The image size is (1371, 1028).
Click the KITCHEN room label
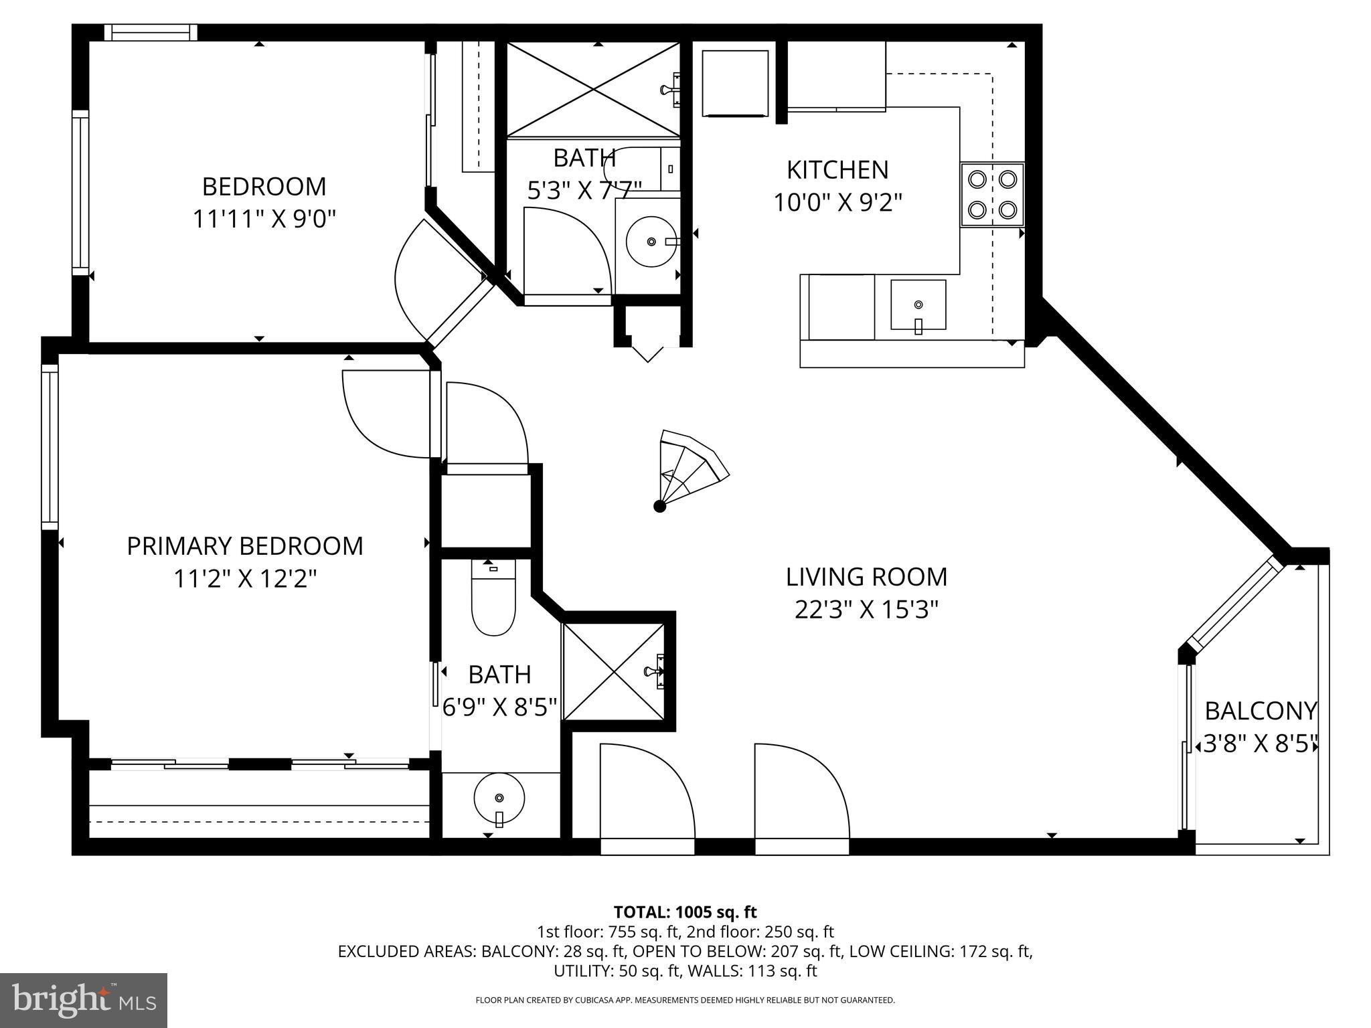pyautogui.click(x=837, y=170)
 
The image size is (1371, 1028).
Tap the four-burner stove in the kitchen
pyautogui.click(x=992, y=195)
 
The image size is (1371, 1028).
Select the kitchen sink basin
pyautogui.click(x=918, y=305)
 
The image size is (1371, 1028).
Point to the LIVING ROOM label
pyautogui.click(x=866, y=577)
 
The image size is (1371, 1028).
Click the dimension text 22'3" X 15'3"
pyautogui.click(x=866, y=610)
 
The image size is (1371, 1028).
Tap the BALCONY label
pyautogui.click(x=1261, y=711)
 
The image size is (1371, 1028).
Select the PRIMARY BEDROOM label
pyautogui.click(x=245, y=546)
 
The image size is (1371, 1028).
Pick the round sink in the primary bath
pyautogui.click(x=499, y=798)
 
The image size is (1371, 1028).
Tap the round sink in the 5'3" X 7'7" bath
pyautogui.click(x=651, y=241)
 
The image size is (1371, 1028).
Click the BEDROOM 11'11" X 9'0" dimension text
pyautogui.click(x=264, y=219)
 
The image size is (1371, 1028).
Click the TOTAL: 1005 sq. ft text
pyautogui.click(x=685, y=912)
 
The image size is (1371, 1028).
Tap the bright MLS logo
pyautogui.click(x=84, y=1000)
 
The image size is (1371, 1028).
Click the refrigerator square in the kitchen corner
pyautogui.click(x=734, y=83)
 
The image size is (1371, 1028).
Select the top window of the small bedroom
pyautogui.click(x=151, y=32)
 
